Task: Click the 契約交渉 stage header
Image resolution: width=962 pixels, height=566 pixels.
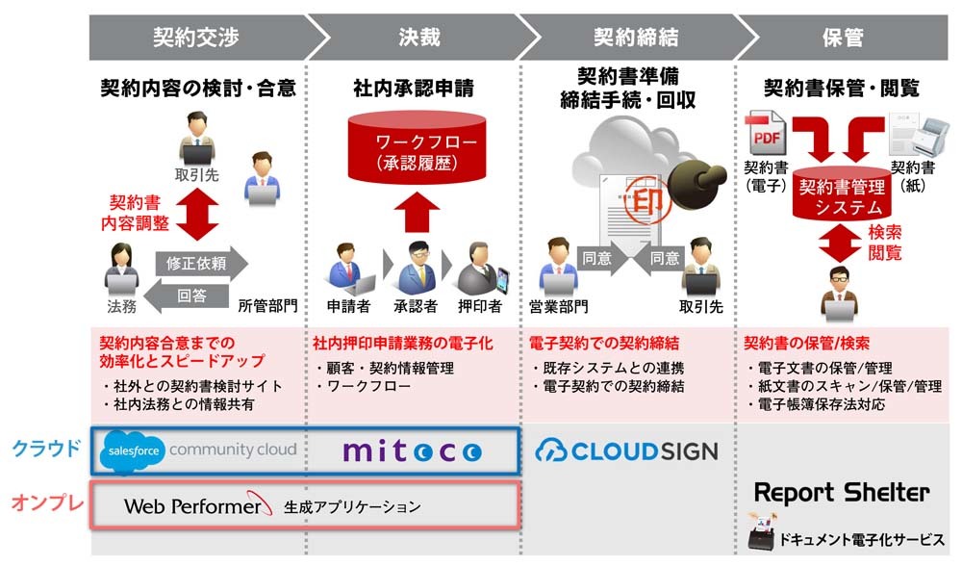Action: point(196,38)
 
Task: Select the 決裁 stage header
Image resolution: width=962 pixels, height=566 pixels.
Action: point(419,38)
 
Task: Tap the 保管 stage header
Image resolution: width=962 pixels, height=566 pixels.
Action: point(843,38)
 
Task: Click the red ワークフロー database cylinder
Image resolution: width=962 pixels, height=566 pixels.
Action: point(418,147)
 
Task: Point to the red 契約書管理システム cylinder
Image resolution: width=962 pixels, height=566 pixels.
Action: point(842,193)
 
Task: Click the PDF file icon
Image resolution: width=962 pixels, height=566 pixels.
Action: point(765,133)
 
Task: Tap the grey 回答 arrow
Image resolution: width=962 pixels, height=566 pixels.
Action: point(187,296)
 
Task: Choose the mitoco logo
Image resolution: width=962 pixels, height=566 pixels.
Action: point(413,451)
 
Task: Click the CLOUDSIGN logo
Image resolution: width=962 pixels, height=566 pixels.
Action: point(626,451)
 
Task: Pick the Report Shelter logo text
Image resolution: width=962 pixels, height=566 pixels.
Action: point(842,492)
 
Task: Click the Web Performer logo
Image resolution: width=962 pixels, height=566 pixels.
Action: point(197,505)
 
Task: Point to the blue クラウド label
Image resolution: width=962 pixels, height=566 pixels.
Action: point(46,449)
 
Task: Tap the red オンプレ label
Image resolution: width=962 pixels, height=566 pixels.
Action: point(47,502)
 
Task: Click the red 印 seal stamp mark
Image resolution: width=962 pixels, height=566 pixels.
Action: point(647,199)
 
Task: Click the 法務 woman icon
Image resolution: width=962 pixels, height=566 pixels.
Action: point(121,270)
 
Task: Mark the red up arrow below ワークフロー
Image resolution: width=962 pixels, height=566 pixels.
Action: point(418,212)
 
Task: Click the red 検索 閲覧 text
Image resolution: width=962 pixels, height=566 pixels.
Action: point(885,242)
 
